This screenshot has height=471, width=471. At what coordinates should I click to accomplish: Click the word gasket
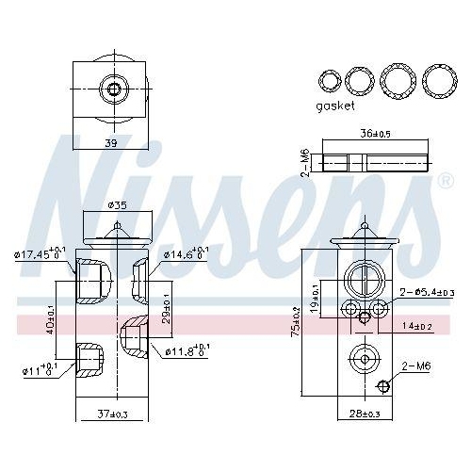(335, 106)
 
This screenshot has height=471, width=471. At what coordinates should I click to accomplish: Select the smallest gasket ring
(329, 81)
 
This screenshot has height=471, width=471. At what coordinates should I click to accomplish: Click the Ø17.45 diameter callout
(41, 254)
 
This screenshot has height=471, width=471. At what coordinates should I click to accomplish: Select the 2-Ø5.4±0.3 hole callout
(428, 294)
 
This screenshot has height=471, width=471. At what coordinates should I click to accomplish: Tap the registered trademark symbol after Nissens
(443, 180)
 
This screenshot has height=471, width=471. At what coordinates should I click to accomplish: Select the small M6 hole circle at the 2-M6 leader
(383, 386)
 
